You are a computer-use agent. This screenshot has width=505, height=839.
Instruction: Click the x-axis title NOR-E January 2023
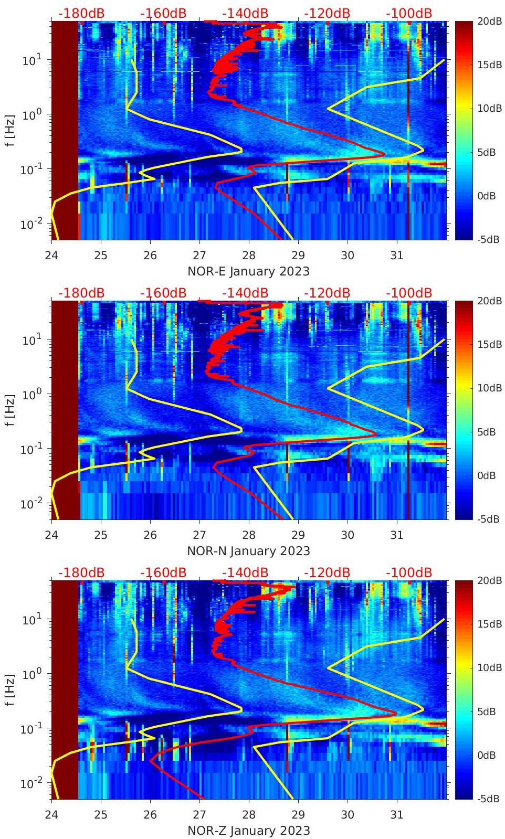click(x=248, y=271)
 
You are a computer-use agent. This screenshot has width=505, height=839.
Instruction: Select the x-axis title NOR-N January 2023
click(x=248, y=551)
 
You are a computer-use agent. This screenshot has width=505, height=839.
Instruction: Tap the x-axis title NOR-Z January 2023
click(x=248, y=831)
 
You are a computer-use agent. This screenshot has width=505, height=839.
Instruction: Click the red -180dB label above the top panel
click(x=81, y=13)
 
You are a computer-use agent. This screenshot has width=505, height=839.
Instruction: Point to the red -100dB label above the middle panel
click(x=409, y=293)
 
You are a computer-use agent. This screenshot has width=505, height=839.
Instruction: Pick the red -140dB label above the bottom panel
click(x=245, y=572)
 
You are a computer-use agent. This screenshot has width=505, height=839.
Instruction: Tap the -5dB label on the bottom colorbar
click(x=487, y=799)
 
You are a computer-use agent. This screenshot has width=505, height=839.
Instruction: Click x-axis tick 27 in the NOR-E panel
click(x=199, y=256)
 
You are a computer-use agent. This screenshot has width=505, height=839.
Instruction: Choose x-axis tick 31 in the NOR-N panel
click(x=397, y=535)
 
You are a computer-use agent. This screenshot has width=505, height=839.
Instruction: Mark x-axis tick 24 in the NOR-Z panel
click(x=51, y=815)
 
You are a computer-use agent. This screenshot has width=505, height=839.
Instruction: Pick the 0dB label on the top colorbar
click(x=487, y=196)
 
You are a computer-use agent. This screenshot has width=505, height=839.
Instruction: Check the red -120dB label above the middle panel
click(x=327, y=293)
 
